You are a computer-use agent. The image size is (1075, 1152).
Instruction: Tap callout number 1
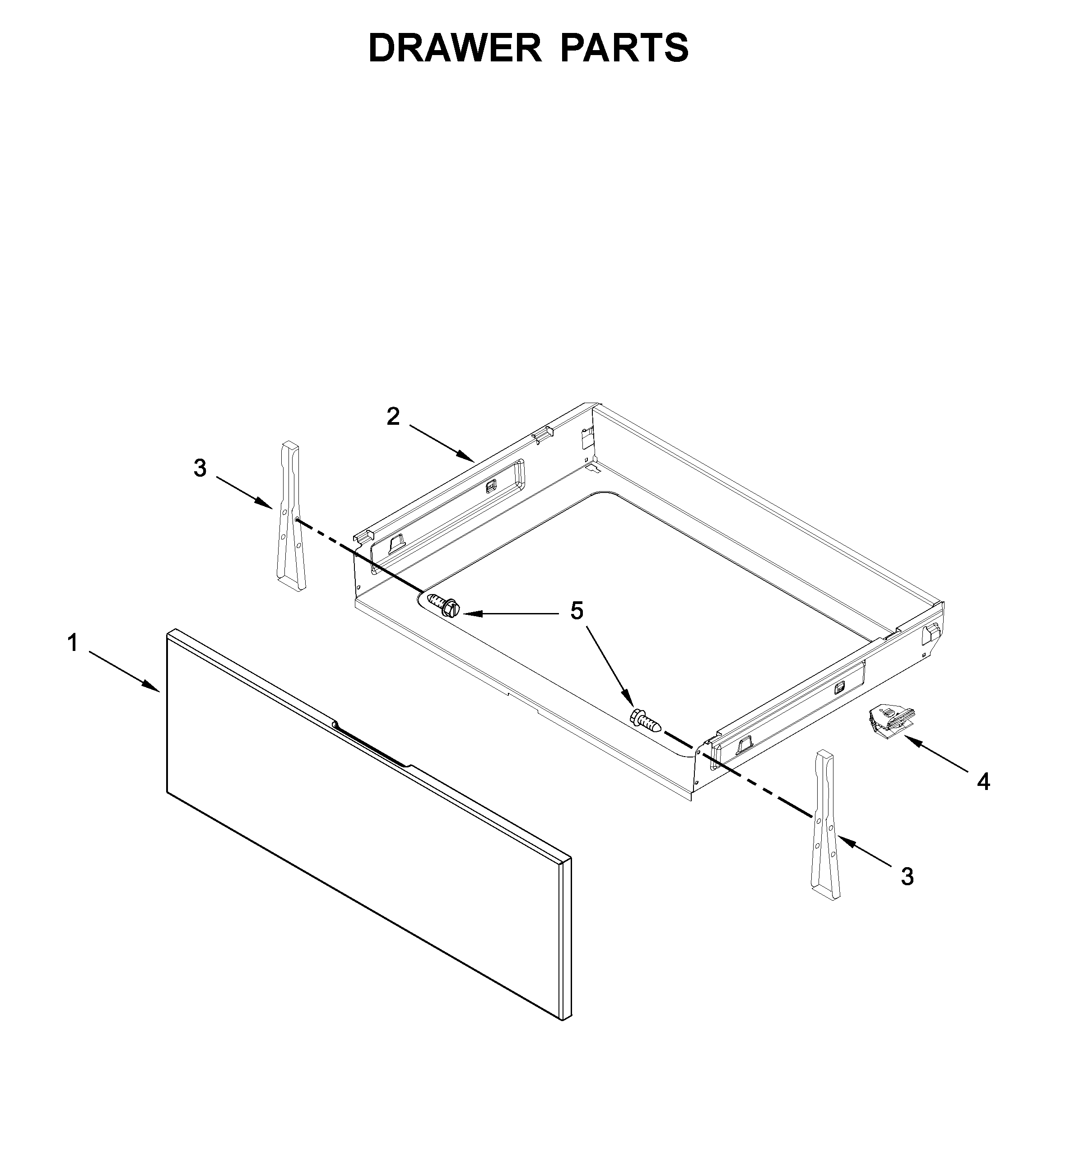[72, 643]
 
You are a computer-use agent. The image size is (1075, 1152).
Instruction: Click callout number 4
[983, 783]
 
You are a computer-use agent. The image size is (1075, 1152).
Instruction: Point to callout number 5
[577, 610]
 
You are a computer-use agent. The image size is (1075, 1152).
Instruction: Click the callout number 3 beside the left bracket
[200, 468]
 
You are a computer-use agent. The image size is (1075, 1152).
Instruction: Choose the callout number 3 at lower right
[907, 877]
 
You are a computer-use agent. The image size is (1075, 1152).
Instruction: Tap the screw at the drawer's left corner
[443, 604]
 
